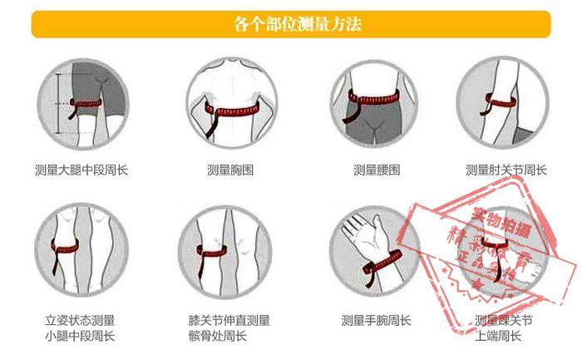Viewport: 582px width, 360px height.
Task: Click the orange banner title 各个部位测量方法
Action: [x=290, y=24]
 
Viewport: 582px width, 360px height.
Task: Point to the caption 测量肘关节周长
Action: [x=506, y=170]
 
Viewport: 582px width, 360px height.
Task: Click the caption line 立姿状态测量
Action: [x=81, y=320]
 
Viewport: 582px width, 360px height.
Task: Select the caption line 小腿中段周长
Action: [x=81, y=337]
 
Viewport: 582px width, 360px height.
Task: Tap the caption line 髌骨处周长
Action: [x=218, y=337]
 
